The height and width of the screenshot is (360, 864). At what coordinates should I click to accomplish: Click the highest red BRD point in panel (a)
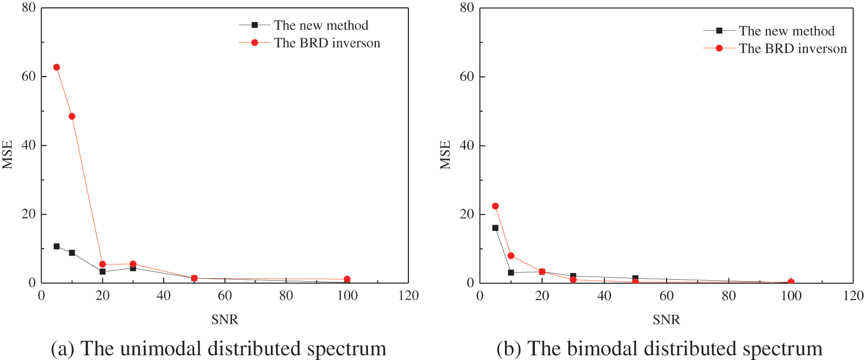(56, 67)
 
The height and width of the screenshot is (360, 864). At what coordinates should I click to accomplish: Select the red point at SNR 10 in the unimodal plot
(72, 117)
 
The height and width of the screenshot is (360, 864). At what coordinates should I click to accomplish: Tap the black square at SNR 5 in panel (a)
(57, 246)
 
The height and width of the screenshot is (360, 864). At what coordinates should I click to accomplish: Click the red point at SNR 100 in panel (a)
(347, 279)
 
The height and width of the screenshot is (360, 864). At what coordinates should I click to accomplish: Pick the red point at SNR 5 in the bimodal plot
(495, 206)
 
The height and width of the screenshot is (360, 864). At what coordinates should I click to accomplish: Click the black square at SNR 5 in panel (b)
(495, 228)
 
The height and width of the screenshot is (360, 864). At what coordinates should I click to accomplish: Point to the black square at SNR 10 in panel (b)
(511, 272)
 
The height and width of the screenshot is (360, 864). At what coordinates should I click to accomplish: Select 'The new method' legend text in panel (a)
(321, 25)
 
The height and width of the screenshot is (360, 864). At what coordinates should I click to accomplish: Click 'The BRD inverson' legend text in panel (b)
(793, 49)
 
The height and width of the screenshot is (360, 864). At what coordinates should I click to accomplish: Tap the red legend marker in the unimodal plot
(255, 43)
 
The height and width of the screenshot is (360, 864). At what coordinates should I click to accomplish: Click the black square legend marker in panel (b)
(719, 30)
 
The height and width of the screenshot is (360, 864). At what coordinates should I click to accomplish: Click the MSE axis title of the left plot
(7, 154)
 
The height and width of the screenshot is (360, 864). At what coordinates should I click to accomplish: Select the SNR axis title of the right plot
(666, 320)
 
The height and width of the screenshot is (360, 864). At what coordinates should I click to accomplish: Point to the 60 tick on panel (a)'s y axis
(28, 76)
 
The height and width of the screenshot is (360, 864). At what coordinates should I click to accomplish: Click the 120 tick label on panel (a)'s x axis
(408, 296)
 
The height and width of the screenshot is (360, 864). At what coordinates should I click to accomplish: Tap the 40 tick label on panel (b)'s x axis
(604, 296)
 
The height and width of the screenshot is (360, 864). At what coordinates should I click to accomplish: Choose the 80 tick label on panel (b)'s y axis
(467, 8)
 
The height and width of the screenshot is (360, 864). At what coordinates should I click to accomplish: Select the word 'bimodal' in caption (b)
(602, 349)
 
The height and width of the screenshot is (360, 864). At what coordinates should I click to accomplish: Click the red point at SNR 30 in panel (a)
(133, 264)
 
